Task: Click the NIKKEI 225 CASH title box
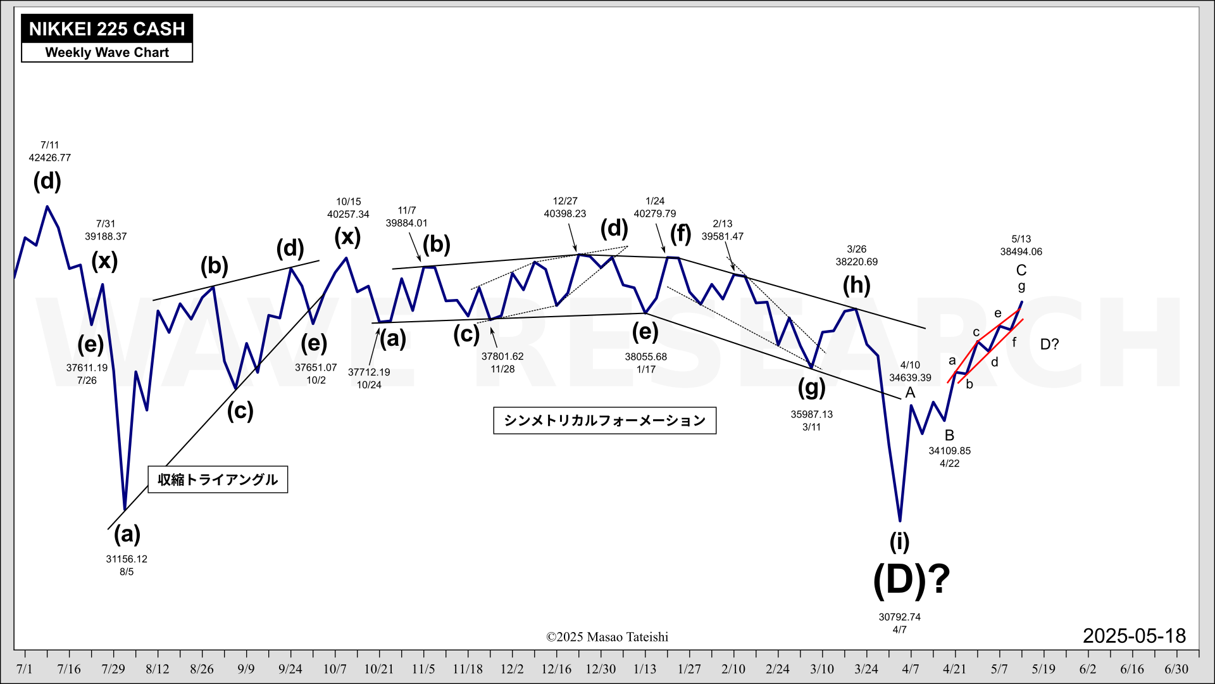point(107,29)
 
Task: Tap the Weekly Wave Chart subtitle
point(107,53)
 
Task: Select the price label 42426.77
point(50,158)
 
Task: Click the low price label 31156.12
point(127,559)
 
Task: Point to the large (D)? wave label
point(911,579)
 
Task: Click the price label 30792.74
point(899,617)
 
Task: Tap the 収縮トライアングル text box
point(218,479)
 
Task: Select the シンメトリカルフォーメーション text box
point(604,421)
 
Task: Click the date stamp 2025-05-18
point(1134,636)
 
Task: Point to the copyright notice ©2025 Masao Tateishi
point(607,637)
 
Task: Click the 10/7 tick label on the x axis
point(335,669)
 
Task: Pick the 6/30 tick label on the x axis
point(1176,669)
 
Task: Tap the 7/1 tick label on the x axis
point(24,669)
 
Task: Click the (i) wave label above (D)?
point(899,542)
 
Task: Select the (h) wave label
point(856,285)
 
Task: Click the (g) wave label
point(811,388)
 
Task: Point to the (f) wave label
point(681,234)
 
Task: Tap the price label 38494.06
point(1021,251)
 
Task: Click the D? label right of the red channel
point(1049,345)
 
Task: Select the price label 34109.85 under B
point(949,451)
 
